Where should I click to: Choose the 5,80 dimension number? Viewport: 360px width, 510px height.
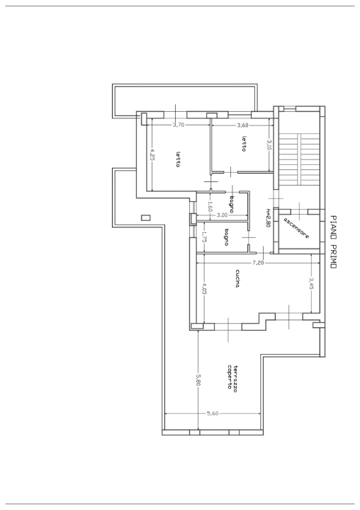coord(198,380)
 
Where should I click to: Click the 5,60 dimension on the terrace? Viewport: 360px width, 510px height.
coord(212,414)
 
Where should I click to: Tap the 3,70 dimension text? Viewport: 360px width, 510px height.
coord(179,125)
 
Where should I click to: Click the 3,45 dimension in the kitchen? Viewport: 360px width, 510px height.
coord(311,285)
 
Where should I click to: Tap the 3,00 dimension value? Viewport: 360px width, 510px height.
coord(222,215)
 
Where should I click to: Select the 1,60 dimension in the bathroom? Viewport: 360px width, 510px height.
coord(210,207)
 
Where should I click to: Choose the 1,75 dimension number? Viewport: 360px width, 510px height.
coord(203,238)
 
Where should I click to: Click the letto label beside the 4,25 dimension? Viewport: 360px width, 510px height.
coord(178,161)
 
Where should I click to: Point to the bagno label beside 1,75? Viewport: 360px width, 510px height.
coord(226,238)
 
